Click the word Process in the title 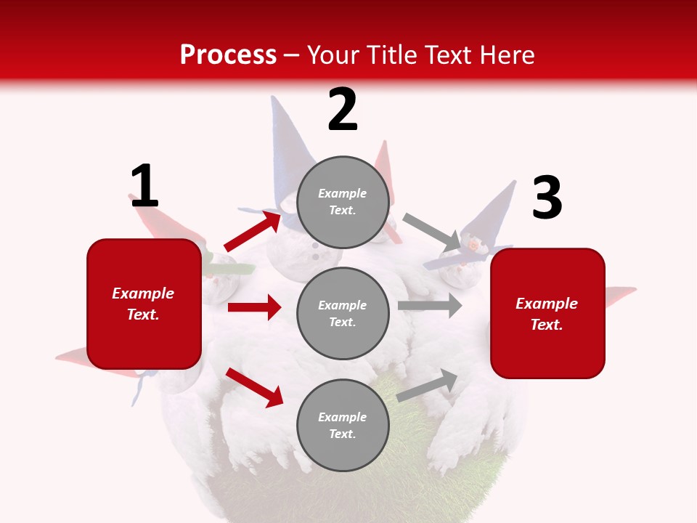coord(228,55)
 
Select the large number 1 coord(144,187)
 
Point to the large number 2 coord(343,110)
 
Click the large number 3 coord(547,198)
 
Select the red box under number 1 coord(144,304)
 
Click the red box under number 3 coord(547,314)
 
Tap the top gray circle coord(343,202)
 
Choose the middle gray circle coord(343,313)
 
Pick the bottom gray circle coord(343,425)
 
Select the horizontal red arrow coord(254,307)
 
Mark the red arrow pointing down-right coord(254,386)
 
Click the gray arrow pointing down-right coord(432,232)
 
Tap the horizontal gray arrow coord(429,306)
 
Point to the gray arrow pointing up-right coord(427,386)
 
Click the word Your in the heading coord(334,55)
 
